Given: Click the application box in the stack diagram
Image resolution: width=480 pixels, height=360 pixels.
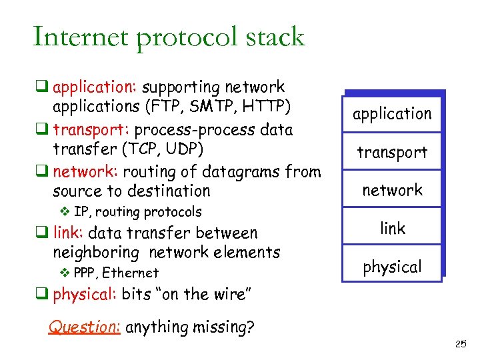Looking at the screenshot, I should (x=392, y=114).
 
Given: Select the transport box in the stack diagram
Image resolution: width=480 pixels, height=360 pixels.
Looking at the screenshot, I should (x=392, y=152).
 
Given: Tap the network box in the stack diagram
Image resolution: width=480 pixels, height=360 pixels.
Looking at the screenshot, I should (x=392, y=190).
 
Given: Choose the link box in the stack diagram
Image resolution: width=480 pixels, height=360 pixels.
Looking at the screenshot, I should (x=392, y=228).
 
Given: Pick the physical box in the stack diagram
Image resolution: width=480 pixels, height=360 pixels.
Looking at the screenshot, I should (x=392, y=267).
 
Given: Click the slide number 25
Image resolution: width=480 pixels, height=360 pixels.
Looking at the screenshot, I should (x=460, y=344).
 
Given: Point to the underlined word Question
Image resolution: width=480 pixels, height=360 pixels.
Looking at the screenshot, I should (x=84, y=327).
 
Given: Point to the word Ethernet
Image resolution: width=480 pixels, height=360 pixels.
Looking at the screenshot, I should (x=131, y=273).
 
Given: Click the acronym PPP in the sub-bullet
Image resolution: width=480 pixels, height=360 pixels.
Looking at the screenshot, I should (x=85, y=273).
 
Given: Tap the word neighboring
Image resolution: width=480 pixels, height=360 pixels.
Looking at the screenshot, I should (x=98, y=253).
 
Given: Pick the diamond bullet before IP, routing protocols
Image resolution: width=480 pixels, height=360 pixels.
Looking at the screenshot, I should (x=65, y=212).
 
